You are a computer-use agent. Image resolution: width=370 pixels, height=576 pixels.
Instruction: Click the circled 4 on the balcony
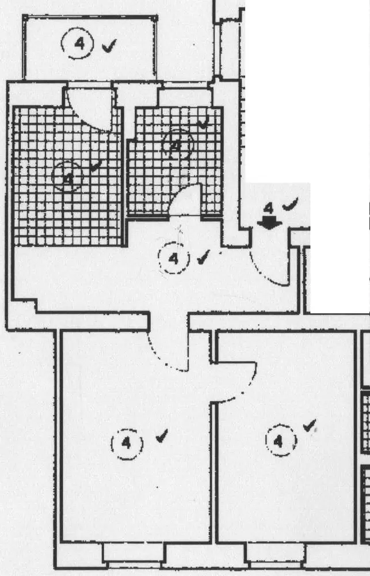pyautogui.click(x=78, y=44)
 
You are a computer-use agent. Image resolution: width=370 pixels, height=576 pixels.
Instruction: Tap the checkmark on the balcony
pyautogui.click(x=108, y=46)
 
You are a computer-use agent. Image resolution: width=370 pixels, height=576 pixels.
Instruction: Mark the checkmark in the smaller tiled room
pyautogui.click(x=202, y=123)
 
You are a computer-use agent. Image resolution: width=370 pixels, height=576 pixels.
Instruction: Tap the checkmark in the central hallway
pyautogui.click(x=203, y=257)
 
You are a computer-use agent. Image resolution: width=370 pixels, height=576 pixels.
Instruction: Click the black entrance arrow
pyautogui.click(x=269, y=222)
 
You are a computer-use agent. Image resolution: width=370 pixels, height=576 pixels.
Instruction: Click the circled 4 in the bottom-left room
pyautogui.click(x=125, y=443)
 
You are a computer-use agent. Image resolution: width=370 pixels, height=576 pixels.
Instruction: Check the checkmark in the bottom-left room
pyautogui.click(x=162, y=437)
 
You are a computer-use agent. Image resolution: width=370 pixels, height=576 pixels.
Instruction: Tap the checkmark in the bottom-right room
pyautogui.click(x=311, y=426)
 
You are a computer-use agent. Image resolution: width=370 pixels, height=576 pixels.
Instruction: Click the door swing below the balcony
pyautogui.click(x=92, y=109)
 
